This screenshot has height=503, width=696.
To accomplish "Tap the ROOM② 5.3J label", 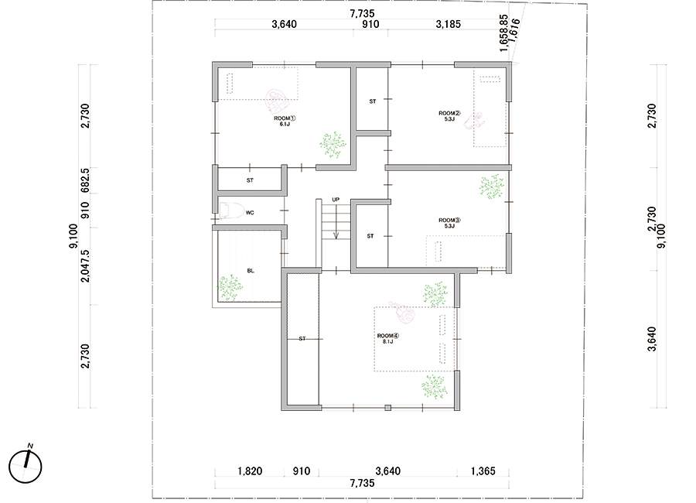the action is coord(449,116).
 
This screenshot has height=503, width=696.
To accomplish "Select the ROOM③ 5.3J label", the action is coord(449,223).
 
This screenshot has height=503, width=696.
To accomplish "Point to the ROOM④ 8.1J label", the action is coord(388,339).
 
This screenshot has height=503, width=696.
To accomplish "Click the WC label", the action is coord(250,213).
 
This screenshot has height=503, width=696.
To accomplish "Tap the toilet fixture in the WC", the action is coord(232,210).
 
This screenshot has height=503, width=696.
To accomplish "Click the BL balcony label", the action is coord(251,271).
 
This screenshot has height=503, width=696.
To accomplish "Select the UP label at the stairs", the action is coord(336,200).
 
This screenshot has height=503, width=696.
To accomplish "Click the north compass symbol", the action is coord(26,465).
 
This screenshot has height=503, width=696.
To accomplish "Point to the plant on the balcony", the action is coord(230,288).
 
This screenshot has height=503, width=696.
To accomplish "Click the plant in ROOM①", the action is coord(333,145).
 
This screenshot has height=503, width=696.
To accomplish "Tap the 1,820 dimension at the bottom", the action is coord(250,471).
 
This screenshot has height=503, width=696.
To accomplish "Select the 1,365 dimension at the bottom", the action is coord(483,471).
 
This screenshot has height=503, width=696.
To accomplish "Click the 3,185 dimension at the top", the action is coord(449,24).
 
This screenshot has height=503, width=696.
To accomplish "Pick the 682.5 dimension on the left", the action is coord(85,180).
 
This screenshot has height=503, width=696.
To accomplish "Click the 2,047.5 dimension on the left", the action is coord(85,265).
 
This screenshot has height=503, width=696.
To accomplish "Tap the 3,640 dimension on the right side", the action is coord(652,339).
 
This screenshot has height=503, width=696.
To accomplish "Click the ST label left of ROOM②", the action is coord(373,101).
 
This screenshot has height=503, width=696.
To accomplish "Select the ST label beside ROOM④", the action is coord(302,339).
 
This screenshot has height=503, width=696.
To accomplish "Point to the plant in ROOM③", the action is coord(492,186).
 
